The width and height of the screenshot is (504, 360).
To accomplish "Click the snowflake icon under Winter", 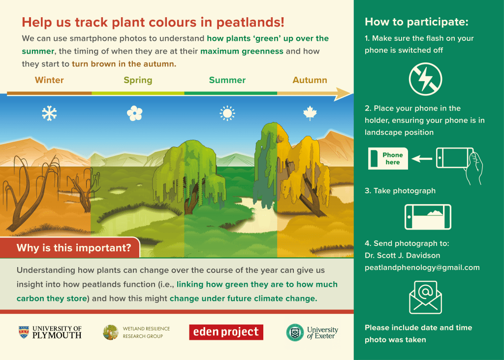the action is click(49, 114).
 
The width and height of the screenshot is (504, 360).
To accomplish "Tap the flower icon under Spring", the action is click(134, 114).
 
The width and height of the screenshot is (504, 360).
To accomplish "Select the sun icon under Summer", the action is click(227, 114).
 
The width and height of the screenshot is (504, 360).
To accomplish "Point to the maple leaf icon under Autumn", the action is click(310, 113).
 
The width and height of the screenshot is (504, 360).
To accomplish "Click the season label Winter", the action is click(49, 80).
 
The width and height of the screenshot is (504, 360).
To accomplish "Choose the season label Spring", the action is click(138, 80).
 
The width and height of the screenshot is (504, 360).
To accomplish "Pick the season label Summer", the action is click(227, 80).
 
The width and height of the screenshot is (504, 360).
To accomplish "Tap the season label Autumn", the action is click(310, 80).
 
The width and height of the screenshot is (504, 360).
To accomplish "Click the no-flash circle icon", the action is click(426, 79).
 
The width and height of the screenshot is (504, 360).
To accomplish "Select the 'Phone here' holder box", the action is click(388, 159).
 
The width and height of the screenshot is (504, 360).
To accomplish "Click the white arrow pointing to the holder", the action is click(422, 159).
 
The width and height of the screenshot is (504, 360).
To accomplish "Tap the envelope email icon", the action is click(426, 298).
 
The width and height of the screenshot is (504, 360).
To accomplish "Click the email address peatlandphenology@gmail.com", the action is click(422, 268).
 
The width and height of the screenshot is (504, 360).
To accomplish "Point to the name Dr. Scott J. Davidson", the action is click(403, 255).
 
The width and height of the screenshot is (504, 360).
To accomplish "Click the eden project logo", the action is click(226, 332).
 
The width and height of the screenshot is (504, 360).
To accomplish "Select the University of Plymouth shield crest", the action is click(24, 332).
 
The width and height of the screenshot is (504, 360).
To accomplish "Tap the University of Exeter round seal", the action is click(295, 332).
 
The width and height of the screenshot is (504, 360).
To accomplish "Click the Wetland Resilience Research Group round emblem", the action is click(111, 332).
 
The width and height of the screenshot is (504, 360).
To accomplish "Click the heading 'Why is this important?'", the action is click(74, 248).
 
